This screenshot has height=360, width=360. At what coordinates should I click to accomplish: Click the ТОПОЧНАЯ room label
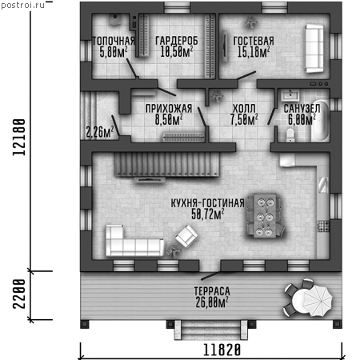(x=114, y=41)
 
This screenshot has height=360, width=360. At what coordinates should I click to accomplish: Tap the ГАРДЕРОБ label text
(x=177, y=41)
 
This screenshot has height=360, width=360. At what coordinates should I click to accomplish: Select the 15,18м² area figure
(x=254, y=52)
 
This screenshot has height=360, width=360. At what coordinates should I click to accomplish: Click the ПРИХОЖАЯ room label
(x=169, y=109)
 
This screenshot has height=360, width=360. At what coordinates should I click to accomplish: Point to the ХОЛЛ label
(x=244, y=109)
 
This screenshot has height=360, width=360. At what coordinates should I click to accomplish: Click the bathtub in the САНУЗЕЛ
(x=321, y=121)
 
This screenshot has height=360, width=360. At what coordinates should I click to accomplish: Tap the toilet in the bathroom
(x=290, y=135)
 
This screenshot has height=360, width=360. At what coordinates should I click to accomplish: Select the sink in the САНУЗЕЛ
(x=290, y=95)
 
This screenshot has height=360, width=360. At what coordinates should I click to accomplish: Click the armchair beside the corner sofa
(x=186, y=235)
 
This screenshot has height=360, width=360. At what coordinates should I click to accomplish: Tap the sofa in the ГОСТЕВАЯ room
(x=314, y=49)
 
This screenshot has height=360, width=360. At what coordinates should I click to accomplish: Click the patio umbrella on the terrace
(x=318, y=301)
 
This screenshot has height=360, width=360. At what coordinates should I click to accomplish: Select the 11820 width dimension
(x=222, y=350)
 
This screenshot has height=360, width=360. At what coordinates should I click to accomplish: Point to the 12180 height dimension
(x=19, y=137)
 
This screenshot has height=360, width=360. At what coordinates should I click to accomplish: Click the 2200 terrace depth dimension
(x=19, y=294)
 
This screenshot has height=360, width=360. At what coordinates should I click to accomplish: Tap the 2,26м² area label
(x=100, y=131)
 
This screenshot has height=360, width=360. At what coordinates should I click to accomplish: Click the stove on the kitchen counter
(x=323, y=226)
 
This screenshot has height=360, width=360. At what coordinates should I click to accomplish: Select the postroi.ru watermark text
(x=23, y=5)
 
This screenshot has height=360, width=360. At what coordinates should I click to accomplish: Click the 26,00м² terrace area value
(x=212, y=302)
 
